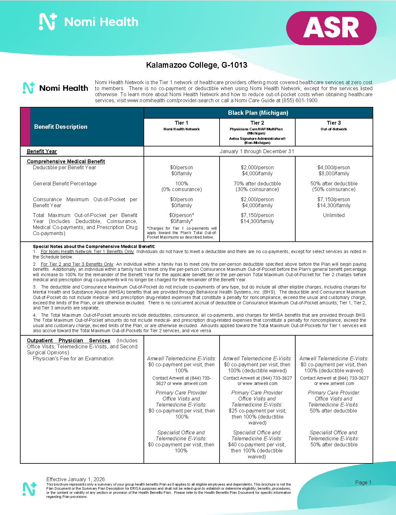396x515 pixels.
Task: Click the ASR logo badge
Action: click(331, 28)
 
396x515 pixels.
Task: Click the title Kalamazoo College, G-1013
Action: click(196, 65)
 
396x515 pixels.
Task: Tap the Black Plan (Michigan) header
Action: click(258, 113)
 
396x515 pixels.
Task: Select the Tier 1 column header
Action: click(182, 123)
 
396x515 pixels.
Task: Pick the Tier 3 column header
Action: click(334, 123)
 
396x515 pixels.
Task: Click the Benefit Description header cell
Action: click(61, 127)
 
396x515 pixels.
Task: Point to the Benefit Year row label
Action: click(42, 151)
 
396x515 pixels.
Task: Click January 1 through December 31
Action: click(257, 151)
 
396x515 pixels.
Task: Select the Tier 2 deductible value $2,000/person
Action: click(257, 167)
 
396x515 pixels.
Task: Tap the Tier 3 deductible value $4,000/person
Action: click(334, 167)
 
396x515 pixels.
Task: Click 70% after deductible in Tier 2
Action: click(257, 183)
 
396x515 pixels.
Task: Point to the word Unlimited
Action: click(334, 215)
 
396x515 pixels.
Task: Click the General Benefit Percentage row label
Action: click(65, 183)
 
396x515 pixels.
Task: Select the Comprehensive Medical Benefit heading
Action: click(66, 161)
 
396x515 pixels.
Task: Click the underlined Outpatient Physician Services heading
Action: click(68, 340)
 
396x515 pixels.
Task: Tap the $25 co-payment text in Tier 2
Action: click(257, 411)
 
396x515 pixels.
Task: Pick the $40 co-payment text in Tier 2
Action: click(257, 444)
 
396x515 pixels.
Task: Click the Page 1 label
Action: click(363, 482)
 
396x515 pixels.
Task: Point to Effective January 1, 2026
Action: click(75, 479)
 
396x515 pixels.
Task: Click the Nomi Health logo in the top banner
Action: click(89, 22)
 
